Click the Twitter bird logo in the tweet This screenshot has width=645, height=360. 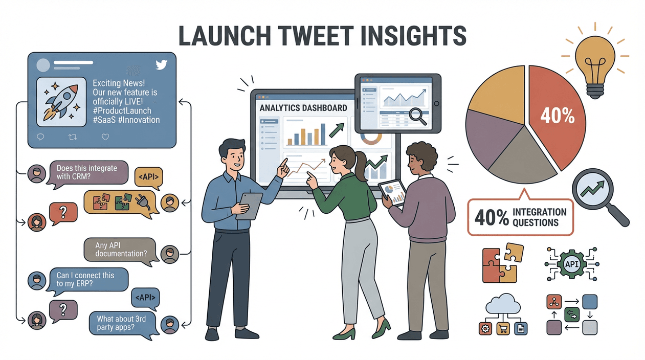pyautogui.click(x=162, y=64)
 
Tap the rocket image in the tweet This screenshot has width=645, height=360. pyautogui.click(x=60, y=102)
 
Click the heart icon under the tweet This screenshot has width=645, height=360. pyautogui.click(x=105, y=137)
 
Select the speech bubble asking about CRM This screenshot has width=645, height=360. pyautogui.click(x=87, y=172)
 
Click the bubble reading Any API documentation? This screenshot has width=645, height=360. pyautogui.click(x=121, y=250)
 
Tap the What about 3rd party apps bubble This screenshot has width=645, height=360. pyautogui.click(x=122, y=323)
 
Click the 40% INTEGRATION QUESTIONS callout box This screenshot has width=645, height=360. pyautogui.click(x=521, y=217)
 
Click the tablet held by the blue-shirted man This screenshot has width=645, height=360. pyautogui.click(x=249, y=205)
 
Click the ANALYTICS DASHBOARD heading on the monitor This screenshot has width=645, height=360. pyautogui.click(x=303, y=108)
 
